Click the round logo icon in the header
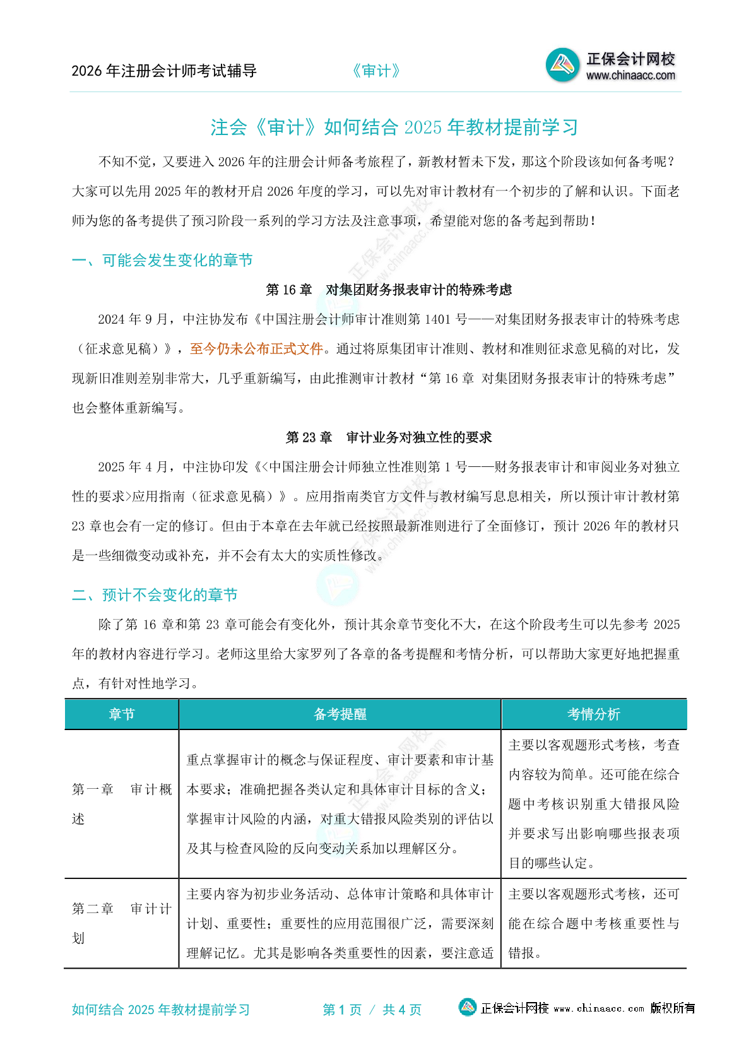(562, 65)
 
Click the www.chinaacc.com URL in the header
(630, 76)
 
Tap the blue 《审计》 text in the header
(376, 71)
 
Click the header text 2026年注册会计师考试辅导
(164, 71)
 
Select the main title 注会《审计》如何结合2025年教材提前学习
(394, 127)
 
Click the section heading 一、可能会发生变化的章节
(162, 260)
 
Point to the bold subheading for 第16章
(389, 290)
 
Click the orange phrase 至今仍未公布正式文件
(256, 349)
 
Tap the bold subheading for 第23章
(389, 437)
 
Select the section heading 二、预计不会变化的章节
(155, 595)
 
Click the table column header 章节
(122, 714)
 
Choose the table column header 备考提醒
(340, 714)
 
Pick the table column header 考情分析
(593, 714)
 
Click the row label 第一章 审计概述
(121, 804)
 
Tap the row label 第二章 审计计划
(121, 923)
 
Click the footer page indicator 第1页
(342, 1010)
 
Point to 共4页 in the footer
(402, 1010)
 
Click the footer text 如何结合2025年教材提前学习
(161, 1010)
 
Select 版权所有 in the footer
(673, 1008)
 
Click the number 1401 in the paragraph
(437, 319)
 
